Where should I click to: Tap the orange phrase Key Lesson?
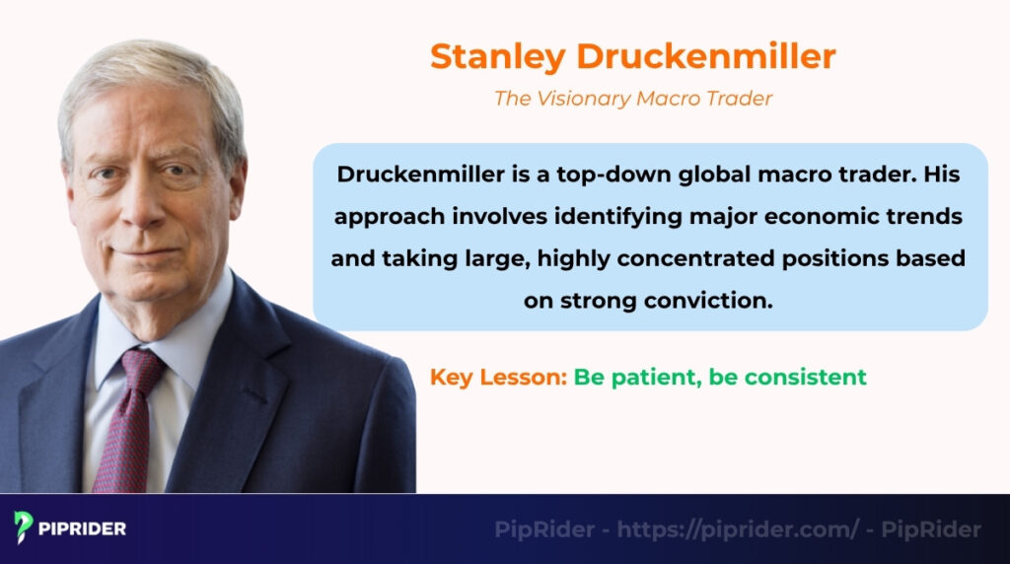click(x=498, y=377)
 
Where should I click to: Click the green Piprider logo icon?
click(x=23, y=528)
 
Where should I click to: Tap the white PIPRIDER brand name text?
click(x=83, y=529)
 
